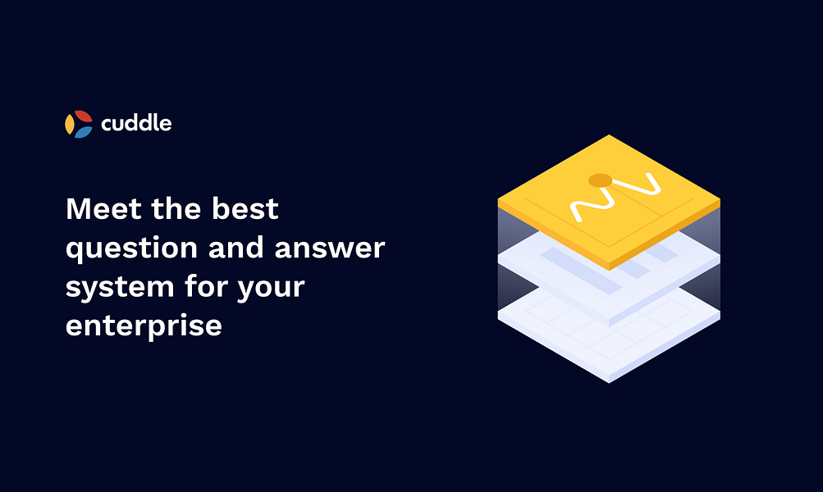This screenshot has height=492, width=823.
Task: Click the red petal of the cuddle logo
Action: (x=83, y=117)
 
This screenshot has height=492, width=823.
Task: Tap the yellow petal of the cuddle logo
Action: (x=70, y=125)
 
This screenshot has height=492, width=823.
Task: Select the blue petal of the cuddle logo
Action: (x=83, y=132)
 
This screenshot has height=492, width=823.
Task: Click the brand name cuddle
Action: (x=136, y=124)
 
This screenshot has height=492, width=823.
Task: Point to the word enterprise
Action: (x=144, y=326)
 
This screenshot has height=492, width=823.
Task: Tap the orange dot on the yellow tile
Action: (x=600, y=180)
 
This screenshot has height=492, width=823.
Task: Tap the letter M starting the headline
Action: (x=80, y=210)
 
